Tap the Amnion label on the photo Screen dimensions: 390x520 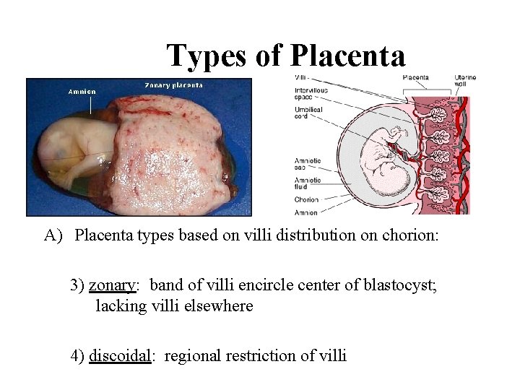[82, 92]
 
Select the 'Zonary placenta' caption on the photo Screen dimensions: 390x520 [173, 84]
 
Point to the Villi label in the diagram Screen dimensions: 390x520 [302, 77]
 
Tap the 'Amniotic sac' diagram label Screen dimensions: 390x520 [308, 163]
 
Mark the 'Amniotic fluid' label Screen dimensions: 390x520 [308, 183]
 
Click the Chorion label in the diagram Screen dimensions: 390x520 [306, 199]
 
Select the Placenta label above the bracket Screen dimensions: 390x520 [415, 77]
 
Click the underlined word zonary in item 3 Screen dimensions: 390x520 [113, 285]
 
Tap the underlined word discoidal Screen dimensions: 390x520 [120, 355]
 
